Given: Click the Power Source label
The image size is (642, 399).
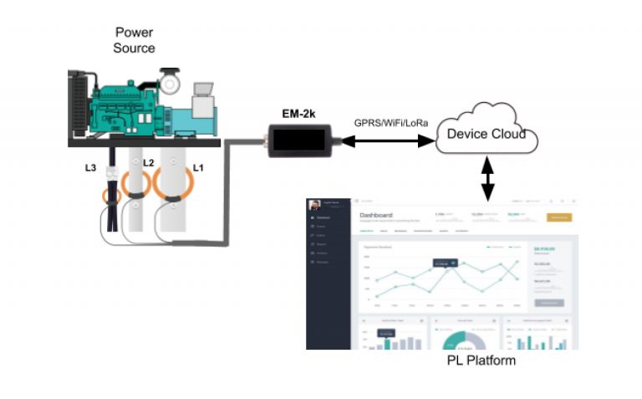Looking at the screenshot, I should [134, 40].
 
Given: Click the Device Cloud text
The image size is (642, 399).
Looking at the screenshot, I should [486, 134].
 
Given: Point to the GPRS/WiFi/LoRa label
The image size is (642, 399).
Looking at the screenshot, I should [391, 124].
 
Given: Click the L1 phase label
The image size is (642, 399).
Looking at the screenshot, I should [198, 168].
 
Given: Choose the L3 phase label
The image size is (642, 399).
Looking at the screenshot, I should [91, 168].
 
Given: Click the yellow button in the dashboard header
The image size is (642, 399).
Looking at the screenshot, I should [558, 217].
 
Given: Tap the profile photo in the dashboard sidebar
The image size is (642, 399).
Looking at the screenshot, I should [315, 206].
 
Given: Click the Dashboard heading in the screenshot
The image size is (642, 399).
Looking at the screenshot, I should [375, 215].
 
